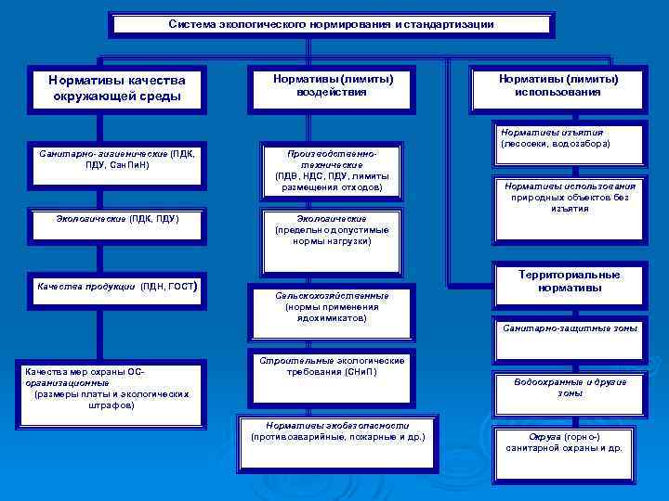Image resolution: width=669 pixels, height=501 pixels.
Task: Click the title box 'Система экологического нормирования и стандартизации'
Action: click(x=331, y=24)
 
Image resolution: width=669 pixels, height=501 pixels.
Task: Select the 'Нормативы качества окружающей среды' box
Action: click(x=116, y=88)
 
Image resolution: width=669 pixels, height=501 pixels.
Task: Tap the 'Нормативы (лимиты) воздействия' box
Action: click(x=332, y=85)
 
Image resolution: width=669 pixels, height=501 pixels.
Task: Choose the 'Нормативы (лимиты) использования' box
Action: click(x=557, y=85)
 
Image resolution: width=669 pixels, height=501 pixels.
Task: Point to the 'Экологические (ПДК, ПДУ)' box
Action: click(x=117, y=219)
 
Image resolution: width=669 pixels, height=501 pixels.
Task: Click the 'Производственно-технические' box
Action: click(x=332, y=169)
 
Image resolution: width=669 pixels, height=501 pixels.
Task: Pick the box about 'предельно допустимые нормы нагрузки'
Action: click(x=332, y=230)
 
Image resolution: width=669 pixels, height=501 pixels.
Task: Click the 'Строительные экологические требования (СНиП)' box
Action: click(x=332, y=366)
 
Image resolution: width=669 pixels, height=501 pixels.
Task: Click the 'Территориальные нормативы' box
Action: click(x=570, y=281)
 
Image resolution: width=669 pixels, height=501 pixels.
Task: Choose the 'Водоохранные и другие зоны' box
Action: click(x=570, y=388)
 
